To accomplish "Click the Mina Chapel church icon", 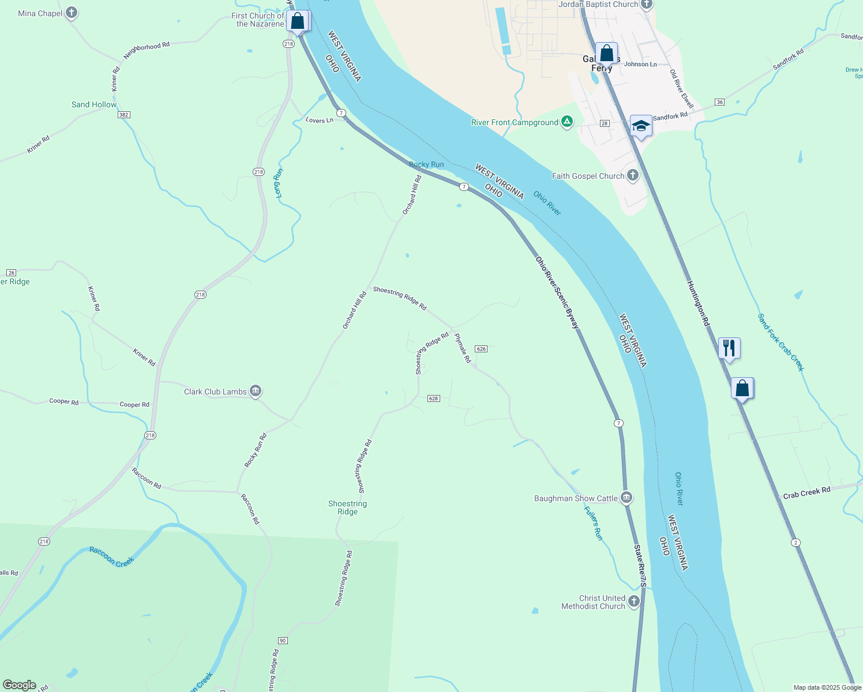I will click(72, 12).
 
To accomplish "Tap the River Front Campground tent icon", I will click(567, 122).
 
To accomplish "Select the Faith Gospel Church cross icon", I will click(633, 175).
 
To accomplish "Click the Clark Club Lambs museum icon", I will click(256, 391).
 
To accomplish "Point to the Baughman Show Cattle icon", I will click(626, 498).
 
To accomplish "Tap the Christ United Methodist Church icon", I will click(634, 601).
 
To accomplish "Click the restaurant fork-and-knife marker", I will click(729, 348).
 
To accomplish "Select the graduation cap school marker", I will click(641, 126).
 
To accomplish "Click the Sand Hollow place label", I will click(94, 104).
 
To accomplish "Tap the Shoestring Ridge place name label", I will click(347, 507).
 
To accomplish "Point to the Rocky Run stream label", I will click(426, 164).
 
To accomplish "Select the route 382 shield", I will click(123, 115).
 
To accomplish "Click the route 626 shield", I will click(482, 349).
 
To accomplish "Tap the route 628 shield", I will click(434, 398).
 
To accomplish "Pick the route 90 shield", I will click(283, 641).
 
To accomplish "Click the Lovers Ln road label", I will click(320, 120).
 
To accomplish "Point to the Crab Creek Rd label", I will click(806, 492).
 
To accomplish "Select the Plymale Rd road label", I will click(463, 348).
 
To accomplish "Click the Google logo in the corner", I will click(20, 685).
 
